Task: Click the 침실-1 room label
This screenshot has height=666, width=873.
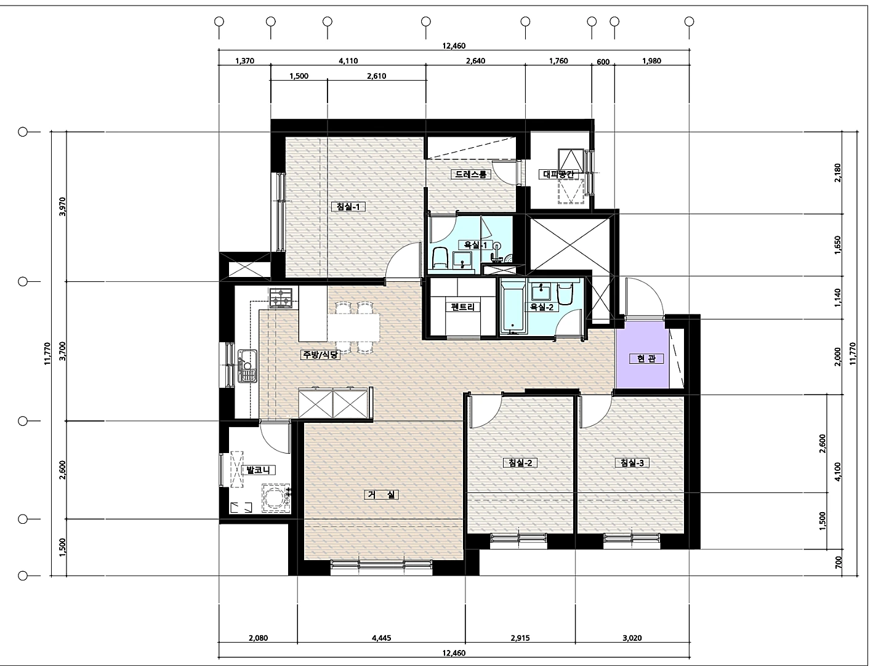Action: click(x=348, y=206)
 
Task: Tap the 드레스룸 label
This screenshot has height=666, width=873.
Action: click(x=471, y=174)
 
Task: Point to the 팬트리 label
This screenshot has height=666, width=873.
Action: click(x=462, y=307)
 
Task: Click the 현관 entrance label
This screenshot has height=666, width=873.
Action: click(x=646, y=358)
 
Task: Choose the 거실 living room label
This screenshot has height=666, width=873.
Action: click(x=382, y=495)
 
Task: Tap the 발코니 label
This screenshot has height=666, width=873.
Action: click(x=258, y=470)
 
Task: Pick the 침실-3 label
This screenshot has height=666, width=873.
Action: click(x=632, y=462)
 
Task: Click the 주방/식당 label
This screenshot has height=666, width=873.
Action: click(x=320, y=355)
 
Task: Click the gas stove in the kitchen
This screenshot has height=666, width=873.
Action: click(x=281, y=298)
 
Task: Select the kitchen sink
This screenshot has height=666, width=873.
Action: click(x=247, y=366)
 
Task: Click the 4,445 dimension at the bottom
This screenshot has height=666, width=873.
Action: click(x=382, y=638)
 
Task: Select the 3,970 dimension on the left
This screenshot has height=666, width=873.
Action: click(x=62, y=206)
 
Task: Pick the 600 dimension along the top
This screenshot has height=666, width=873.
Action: click(x=603, y=62)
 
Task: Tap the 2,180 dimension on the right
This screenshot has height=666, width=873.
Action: click(x=837, y=172)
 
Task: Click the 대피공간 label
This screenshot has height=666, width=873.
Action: click(x=558, y=174)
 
